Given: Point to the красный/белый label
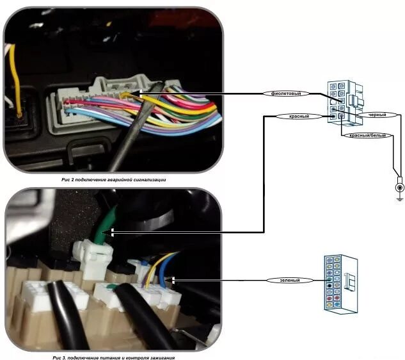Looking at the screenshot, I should pyautogui.click(x=363, y=136).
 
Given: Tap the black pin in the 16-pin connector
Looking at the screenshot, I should pyautogui.click(x=328, y=280).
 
